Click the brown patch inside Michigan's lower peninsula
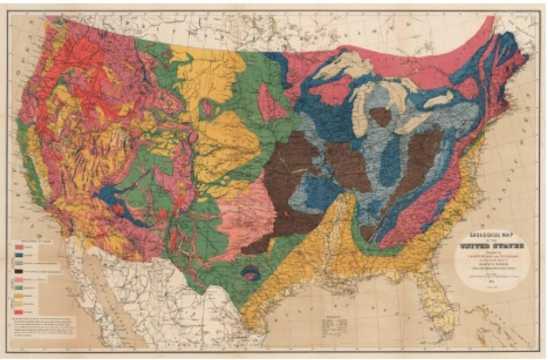click(x=381, y=116)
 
